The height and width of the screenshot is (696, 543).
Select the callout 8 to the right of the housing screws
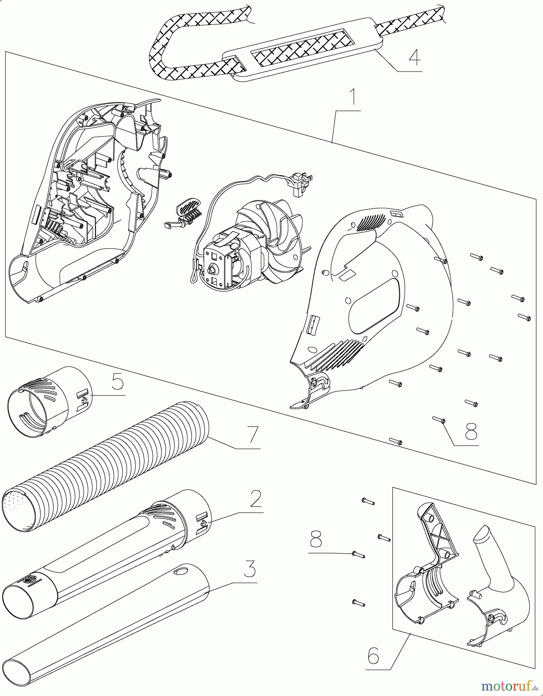pos(471,430)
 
